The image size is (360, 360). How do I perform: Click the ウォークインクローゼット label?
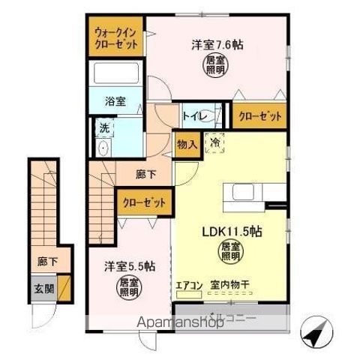tap(115, 38)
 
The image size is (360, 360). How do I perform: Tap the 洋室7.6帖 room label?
tap(217, 44)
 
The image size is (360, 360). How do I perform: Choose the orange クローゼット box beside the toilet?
tap(260, 116)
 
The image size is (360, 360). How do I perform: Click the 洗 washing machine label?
tap(105, 127)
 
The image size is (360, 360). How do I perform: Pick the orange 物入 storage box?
tap(187, 144)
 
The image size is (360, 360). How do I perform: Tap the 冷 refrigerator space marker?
tap(214, 142)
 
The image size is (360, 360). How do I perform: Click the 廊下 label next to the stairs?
tap(146, 174)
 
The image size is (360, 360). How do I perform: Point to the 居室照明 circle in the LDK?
tap(229, 253)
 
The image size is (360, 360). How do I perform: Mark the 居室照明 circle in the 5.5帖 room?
tap(128, 287)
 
